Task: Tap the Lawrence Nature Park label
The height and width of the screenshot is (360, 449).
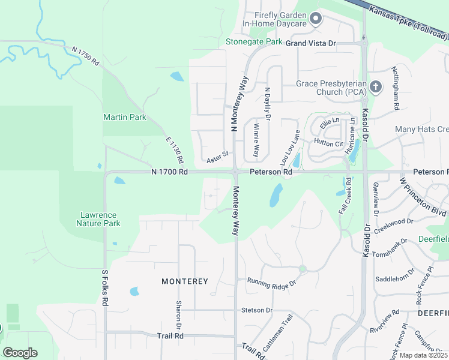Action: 98,219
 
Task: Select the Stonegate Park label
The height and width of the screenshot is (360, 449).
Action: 254,42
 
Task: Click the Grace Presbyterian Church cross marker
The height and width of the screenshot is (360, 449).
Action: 376,88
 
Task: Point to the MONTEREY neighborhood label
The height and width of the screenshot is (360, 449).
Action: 184,281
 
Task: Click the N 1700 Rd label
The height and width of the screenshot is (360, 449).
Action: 170,172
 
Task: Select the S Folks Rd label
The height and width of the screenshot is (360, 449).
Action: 104,289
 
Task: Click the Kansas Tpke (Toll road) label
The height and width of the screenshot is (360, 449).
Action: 408,23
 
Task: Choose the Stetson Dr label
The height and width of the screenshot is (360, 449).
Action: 256,311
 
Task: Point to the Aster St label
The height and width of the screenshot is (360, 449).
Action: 217,157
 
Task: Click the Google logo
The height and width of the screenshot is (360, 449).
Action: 20,352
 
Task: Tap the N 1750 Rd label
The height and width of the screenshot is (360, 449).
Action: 85,56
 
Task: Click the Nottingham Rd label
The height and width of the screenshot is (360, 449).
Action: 396,88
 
